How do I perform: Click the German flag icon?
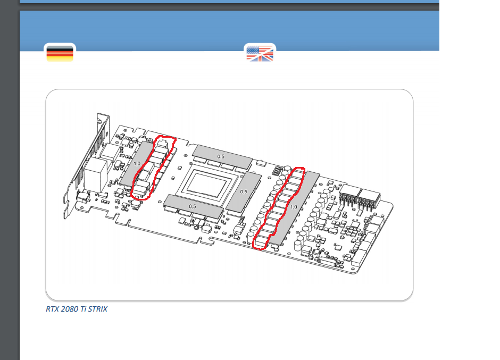[x=60, y=53]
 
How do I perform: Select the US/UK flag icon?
[x=260, y=53]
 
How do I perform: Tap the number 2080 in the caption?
[x=69, y=309]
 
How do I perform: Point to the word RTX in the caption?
[x=52, y=309]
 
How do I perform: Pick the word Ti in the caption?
[x=83, y=309]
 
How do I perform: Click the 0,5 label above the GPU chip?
[x=221, y=156]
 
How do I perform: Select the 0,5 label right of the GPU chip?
[x=243, y=191]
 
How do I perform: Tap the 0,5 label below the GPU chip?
[x=192, y=206]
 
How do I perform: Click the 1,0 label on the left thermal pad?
[x=137, y=164]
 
